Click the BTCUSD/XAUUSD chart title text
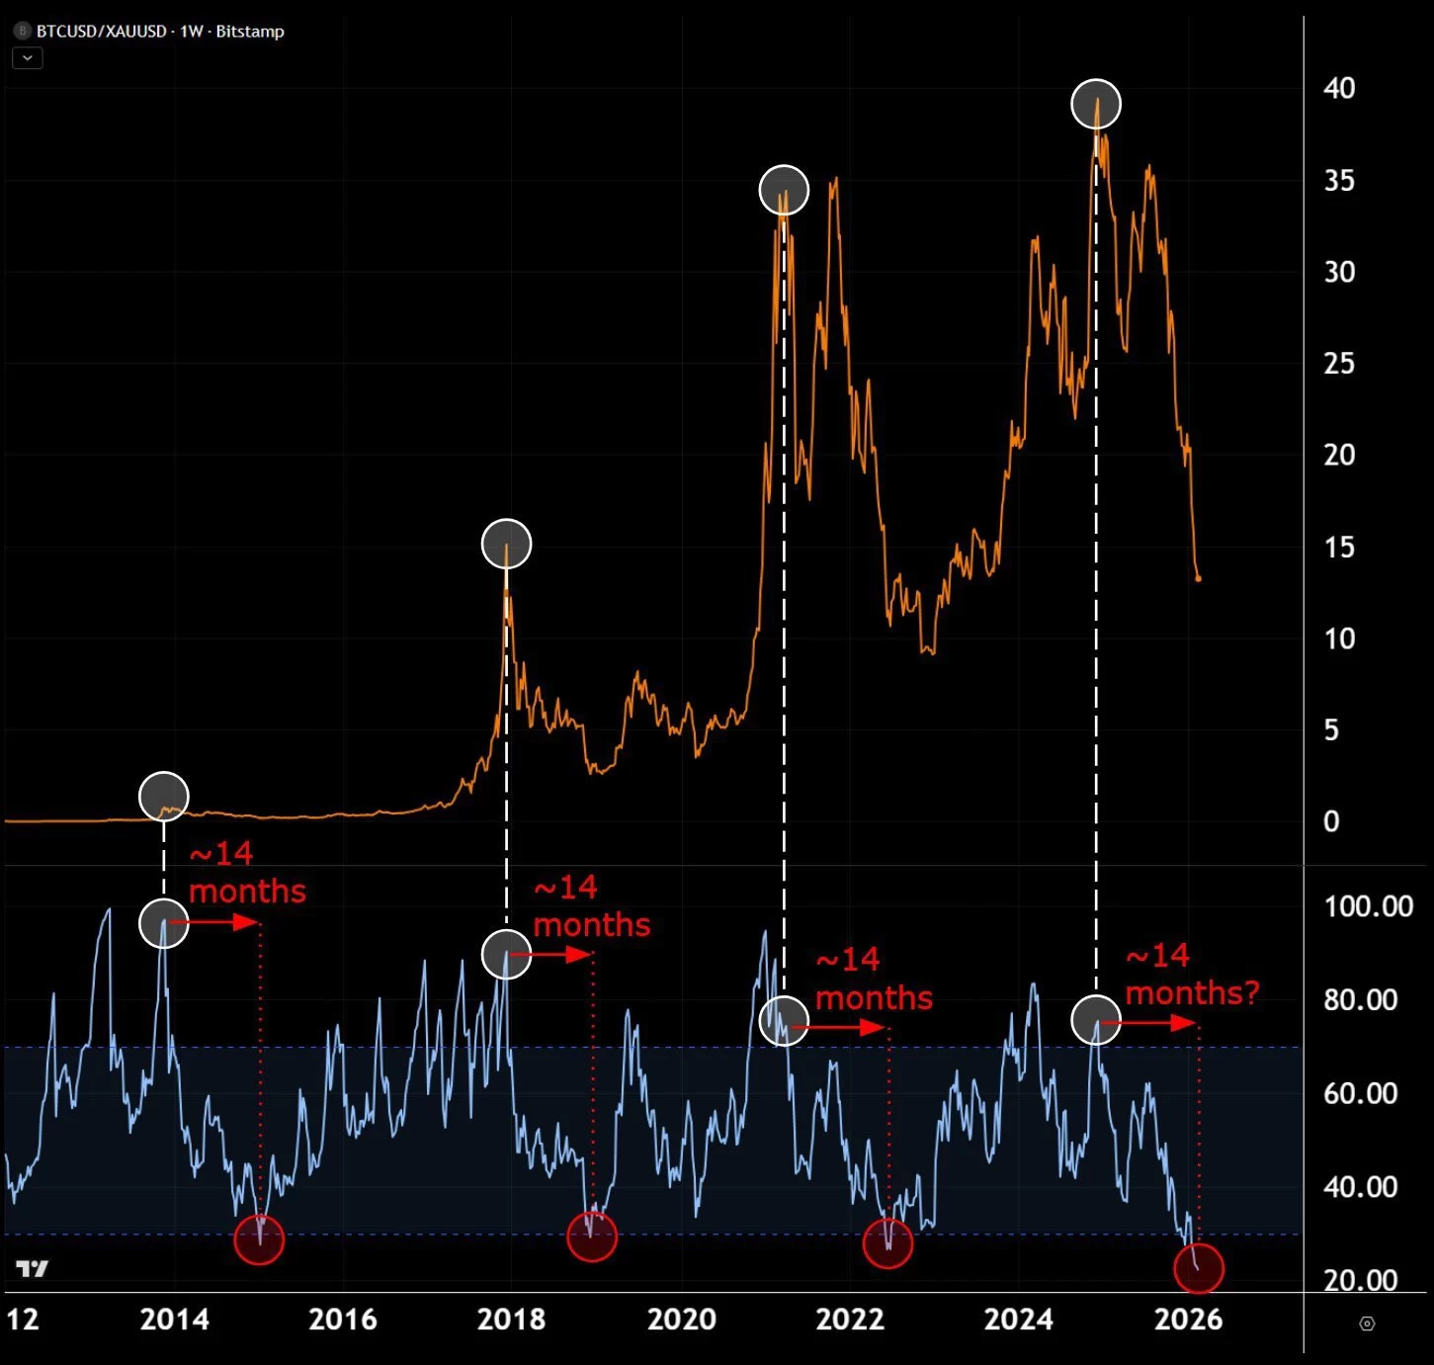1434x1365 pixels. pos(159,32)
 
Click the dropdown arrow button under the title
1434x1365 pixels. pos(27,58)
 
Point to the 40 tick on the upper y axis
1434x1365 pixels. pos(1339,88)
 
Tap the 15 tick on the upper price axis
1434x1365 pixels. pos(1339,547)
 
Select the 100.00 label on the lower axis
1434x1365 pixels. pos(1368,906)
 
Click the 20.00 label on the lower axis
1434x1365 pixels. pos(1361,1280)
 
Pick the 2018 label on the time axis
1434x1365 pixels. pos(511,1320)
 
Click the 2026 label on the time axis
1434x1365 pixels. pos(1188,1320)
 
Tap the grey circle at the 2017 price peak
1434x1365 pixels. pos(506,544)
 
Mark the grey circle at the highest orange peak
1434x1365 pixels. pos(1096,104)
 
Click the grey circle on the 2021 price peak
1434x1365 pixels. pos(784,190)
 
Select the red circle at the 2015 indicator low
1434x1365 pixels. pos(259,1239)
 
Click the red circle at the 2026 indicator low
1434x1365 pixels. pos(1199,1268)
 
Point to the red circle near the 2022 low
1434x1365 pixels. pos(887,1243)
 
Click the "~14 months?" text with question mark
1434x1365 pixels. pos(1192,975)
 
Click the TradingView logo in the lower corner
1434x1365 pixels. pos(32,1269)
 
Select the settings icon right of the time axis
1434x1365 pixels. pos(1368,1323)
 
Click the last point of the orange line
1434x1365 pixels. pos(1199,579)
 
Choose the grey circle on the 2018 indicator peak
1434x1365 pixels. pos(506,955)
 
